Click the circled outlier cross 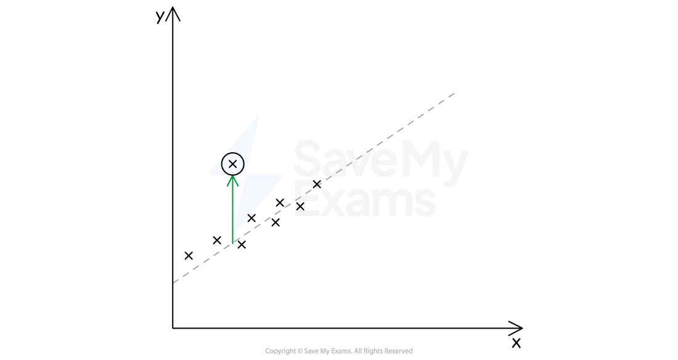[232, 164]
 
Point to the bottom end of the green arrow [232, 244]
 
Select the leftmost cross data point [189, 256]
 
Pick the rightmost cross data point [317, 184]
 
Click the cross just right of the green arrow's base [242, 245]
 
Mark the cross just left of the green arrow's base [217, 240]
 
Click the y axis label [160, 17]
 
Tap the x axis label [517, 343]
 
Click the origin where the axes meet [173, 328]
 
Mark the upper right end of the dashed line [454, 93]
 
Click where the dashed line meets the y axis [173, 283]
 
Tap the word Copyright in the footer [280, 351]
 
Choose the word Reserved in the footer [398, 351]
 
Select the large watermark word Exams [364, 200]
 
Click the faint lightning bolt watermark [245, 173]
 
